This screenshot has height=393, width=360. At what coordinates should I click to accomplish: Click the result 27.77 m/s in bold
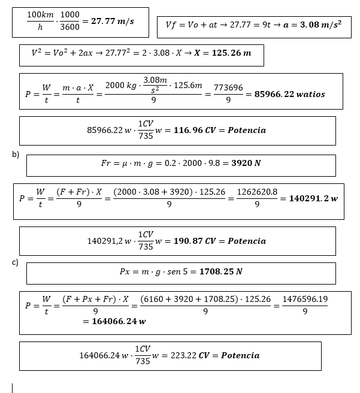[112, 21]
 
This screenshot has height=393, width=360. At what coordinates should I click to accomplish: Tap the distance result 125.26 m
[222, 53]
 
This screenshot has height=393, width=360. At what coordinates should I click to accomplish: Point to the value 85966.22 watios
[290, 94]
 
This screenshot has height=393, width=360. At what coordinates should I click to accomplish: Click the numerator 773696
[228, 87]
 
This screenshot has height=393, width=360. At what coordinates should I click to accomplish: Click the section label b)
[16, 155]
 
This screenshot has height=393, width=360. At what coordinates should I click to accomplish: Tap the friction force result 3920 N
[246, 163]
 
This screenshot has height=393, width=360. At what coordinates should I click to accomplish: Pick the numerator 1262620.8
[257, 192]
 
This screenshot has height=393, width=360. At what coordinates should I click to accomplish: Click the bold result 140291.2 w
[313, 198]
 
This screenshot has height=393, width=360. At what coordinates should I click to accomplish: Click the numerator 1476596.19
[305, 299]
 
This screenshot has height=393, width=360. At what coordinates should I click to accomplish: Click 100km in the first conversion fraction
[40, 14]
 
